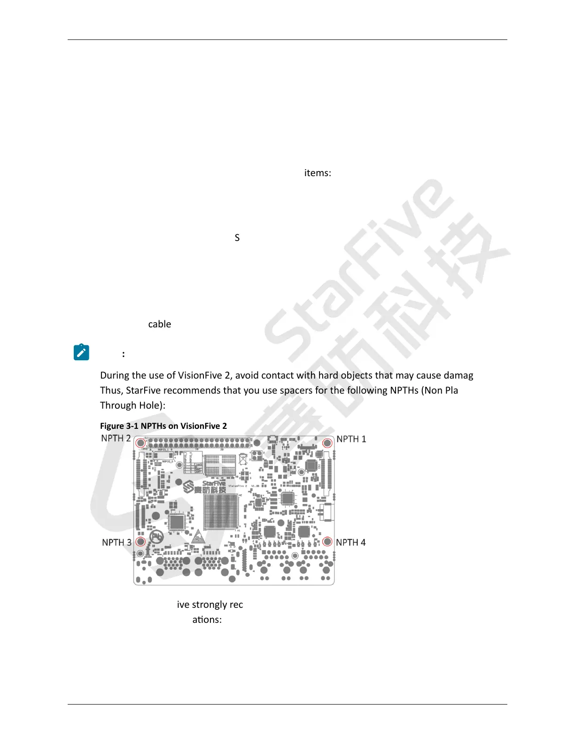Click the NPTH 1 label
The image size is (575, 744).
351,439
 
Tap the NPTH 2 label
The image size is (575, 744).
116,438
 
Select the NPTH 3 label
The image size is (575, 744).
117,542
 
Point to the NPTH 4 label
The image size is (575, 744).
350,542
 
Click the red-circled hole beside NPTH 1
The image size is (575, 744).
327,443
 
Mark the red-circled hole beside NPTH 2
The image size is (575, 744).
140,443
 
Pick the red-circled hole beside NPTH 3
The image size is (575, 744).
140,542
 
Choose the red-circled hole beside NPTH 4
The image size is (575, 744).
327,542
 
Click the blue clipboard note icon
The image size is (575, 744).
81,352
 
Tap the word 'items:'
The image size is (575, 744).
318,173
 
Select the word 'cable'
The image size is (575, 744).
159,324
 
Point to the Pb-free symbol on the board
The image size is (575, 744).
156,536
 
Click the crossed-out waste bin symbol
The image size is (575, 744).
243,459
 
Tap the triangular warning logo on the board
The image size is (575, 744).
198,536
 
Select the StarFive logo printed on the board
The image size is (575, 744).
204,487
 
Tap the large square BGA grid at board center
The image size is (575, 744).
221,512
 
